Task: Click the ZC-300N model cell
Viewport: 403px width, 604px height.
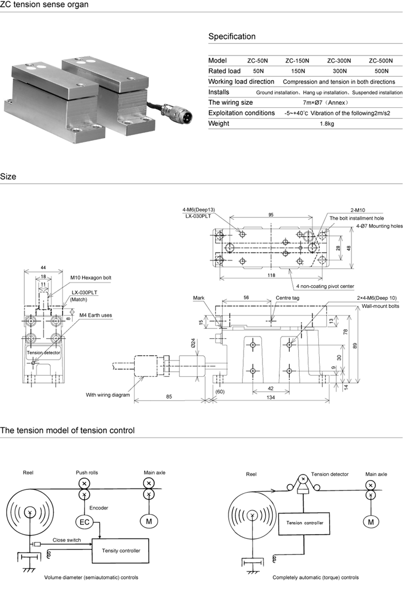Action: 339,60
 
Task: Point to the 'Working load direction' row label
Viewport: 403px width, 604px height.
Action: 241,82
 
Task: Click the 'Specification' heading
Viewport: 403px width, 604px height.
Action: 231,37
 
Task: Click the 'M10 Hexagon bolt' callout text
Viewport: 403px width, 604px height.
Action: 90,278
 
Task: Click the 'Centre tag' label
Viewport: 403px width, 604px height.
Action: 285,298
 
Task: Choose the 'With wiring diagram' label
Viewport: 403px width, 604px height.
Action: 107,395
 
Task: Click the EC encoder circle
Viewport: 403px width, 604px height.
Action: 84,521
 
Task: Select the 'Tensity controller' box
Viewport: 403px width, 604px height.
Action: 120,551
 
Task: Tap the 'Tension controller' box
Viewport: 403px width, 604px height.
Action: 304,522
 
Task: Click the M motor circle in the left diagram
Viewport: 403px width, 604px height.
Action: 149,521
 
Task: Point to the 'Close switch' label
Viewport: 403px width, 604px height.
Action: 66,540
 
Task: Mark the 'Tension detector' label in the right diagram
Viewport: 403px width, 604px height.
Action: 330,474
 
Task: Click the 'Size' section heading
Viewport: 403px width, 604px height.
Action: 8,177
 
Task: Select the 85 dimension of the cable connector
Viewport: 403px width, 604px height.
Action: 169,397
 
